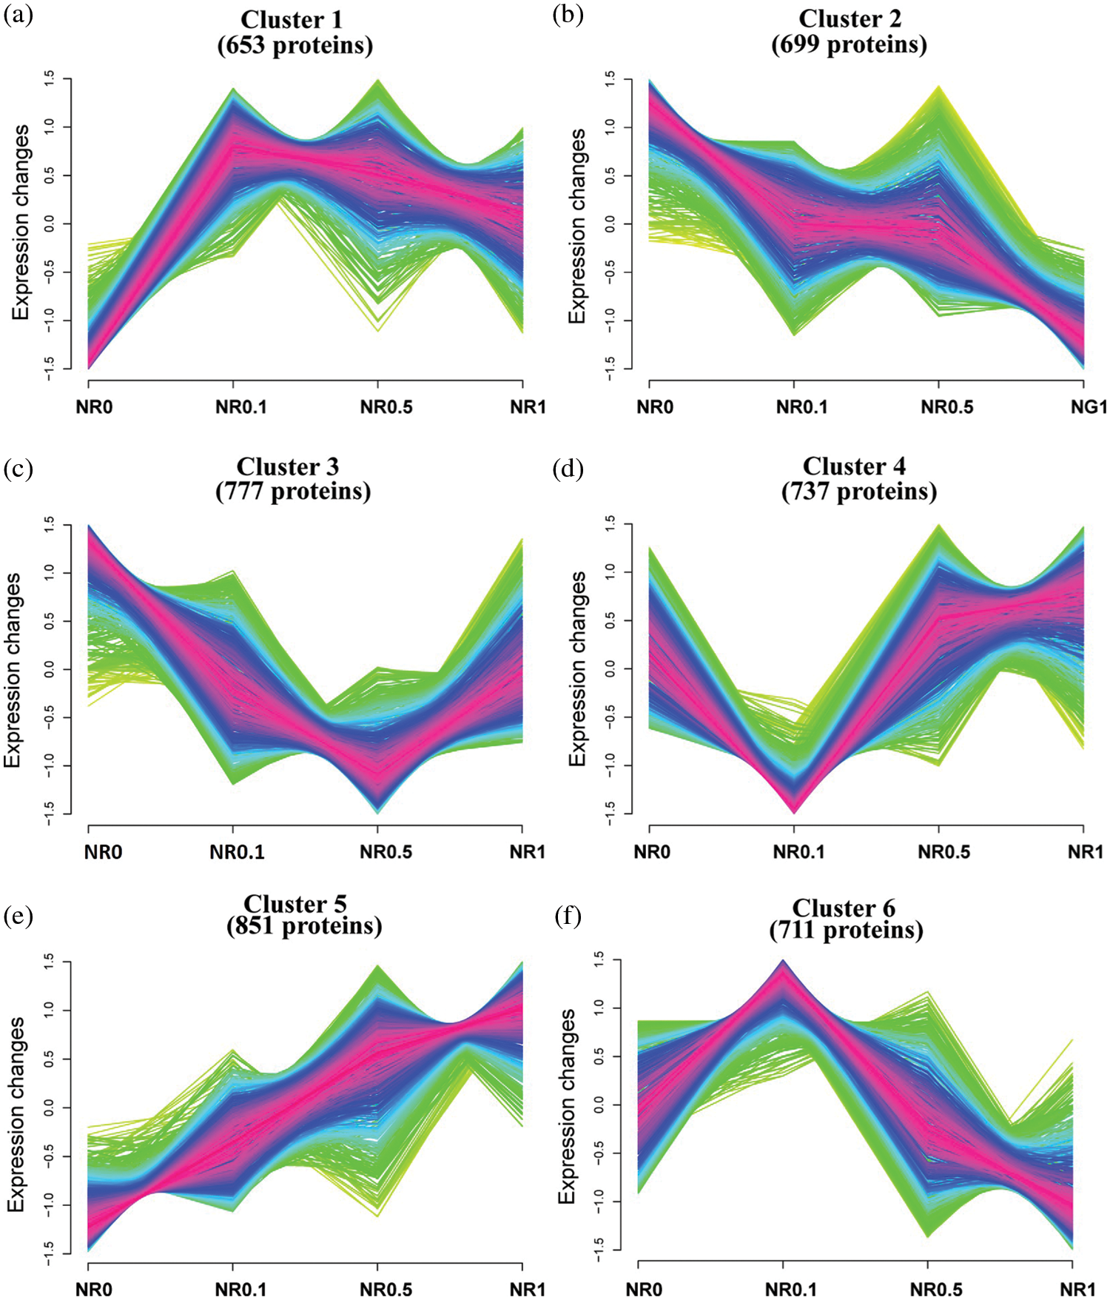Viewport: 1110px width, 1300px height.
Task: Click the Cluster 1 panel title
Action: tap(292, 19)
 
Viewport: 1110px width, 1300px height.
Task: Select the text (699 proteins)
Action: tap(849, 45)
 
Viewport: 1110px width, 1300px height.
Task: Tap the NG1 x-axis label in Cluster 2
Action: tap(1089, 407)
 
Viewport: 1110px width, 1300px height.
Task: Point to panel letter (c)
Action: tap(18, 468)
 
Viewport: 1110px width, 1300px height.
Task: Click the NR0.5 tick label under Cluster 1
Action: tap(386, 407)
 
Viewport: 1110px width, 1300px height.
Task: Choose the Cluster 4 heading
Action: tap(854, 466)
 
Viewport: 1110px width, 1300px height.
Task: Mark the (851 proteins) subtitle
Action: tap(304, 926)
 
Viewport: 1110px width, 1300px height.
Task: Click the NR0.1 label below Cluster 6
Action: tap(791, 1290)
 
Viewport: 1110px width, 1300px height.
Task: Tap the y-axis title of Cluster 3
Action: tap(13, 670)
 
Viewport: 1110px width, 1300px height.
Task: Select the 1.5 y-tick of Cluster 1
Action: tap(50, 78)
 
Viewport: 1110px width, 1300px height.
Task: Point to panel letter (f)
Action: tap(568, 917)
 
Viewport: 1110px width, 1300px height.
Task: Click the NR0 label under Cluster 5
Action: tap(94, 1290)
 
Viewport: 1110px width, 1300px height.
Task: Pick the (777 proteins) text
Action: tap(293, 492)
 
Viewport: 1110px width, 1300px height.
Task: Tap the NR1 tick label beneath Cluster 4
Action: tap(1085, 852)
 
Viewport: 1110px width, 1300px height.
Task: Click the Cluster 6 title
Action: tap(844, 908)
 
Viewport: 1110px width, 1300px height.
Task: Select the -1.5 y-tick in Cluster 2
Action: tap(610, 368)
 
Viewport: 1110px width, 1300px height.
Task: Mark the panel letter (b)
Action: tap(568, 16)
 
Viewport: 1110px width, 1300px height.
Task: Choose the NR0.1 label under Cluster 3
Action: tap(237, 852)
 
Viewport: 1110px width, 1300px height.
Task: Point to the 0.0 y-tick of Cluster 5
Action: tap(50, 1108)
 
